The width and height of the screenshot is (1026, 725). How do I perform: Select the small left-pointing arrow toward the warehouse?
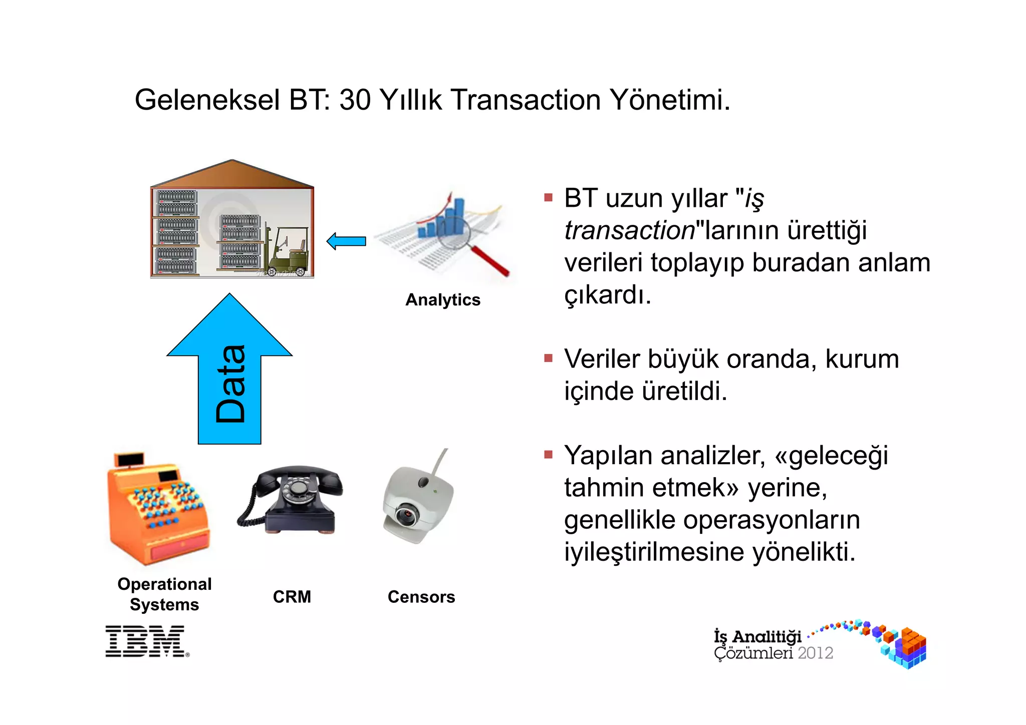point(346,241)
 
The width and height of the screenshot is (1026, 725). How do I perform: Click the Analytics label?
point(442,300)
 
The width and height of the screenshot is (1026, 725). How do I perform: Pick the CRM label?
point(292,597)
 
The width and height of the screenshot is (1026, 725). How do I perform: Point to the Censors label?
point(421,597)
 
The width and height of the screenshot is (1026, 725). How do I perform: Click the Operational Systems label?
point(164,594)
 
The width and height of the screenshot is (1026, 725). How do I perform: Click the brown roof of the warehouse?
point(231,175)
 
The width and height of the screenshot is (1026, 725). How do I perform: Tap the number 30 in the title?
point(354,100)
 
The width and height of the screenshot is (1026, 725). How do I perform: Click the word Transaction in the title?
point(526,100)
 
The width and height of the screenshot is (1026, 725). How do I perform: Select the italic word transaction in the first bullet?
point(629,230)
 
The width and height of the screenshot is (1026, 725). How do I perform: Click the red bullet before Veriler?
point(548,358)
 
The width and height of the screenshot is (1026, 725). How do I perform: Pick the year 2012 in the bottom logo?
point(815,653)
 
